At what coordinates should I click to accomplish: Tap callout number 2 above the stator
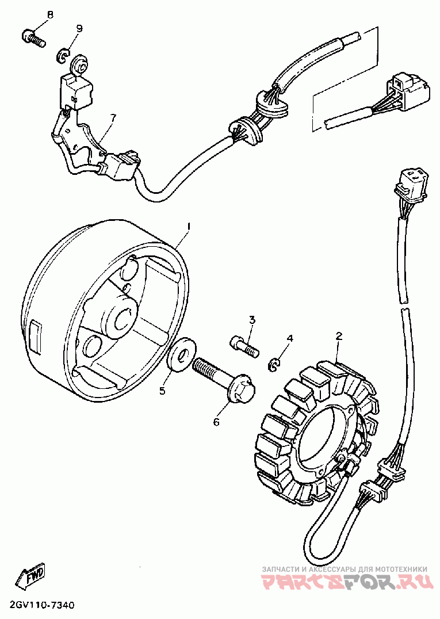(339, 335)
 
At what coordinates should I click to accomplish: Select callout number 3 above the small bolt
(252, 320)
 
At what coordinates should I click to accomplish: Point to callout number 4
(290, 338)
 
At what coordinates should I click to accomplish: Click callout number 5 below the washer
(163, 391)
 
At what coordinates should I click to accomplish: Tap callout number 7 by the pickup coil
(113, 118)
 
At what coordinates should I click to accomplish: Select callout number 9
(79, 29)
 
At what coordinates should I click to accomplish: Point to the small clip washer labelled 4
(275, 364)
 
